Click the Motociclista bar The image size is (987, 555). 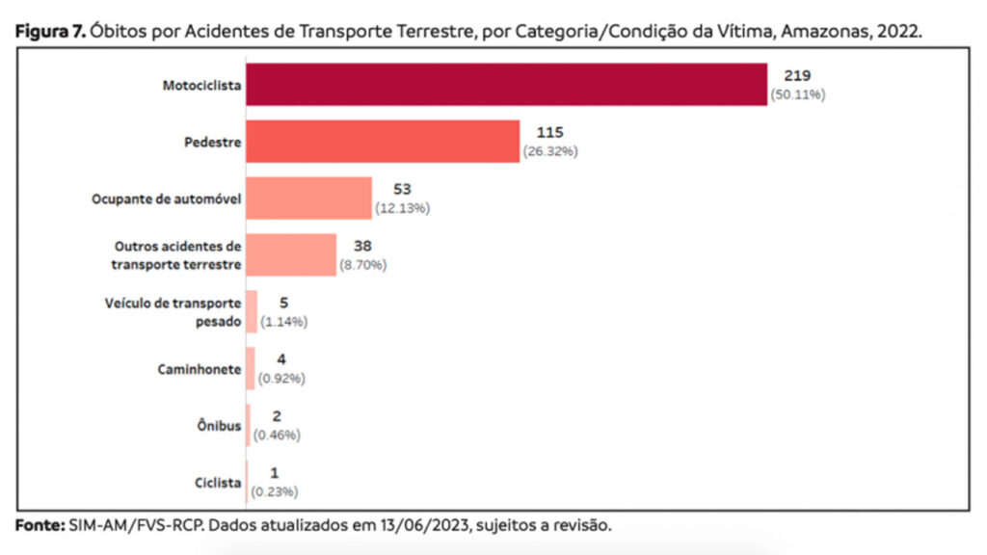click(x=506, y=85)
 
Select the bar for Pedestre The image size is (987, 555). click(x=383, y=142)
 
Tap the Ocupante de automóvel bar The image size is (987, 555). click(x=308, y=198)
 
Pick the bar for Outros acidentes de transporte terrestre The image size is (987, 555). click(x=291, y=254)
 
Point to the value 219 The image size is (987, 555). click(x=797, y=76)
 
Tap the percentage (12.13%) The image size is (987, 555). click(x=402, y=208)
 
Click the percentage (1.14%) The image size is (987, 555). click(x=283, y=322)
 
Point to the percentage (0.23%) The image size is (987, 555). click(x=275, y=491)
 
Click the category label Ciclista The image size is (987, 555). click(x=217, y=483)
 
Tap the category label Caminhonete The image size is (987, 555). click(x=200, y=369)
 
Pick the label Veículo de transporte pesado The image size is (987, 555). click(x=173, y=312)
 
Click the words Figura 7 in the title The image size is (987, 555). click(x=52, y=31)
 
